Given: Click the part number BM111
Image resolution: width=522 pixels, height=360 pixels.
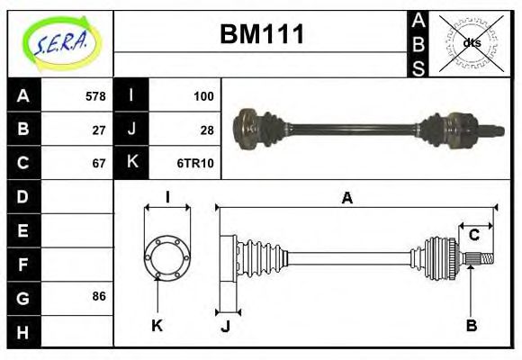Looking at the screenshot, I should pyautogui.click(x=262, y=35).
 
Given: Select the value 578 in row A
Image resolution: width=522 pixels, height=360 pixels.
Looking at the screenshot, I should pyautogui.click(x=94, y=95).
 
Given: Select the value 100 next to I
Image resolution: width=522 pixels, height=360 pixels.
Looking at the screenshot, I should pyautogui.click(x=203, y=95).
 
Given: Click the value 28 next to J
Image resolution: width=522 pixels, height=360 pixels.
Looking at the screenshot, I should pyautogui.click(x=206, y=129).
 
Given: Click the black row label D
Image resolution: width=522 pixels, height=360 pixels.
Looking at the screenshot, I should pyautogui.click(x=23, y=196).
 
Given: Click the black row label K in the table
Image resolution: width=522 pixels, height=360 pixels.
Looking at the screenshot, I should pyautogui.click(x=131, y=163).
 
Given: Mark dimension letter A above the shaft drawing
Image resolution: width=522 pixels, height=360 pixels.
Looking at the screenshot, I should pyautogui.click(x=346, y=199).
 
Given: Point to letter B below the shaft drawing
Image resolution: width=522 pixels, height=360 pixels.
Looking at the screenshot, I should pyautogui.click(x=471, y=325).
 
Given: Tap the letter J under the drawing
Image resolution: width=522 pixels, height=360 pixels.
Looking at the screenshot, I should pyautogui.click(x=225, y=327).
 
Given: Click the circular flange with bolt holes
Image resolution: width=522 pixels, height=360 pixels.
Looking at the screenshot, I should pyautogui.click(x=167, y=256).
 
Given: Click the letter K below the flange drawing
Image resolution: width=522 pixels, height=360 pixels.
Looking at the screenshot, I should pyautogui.click(x=157, y=326).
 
